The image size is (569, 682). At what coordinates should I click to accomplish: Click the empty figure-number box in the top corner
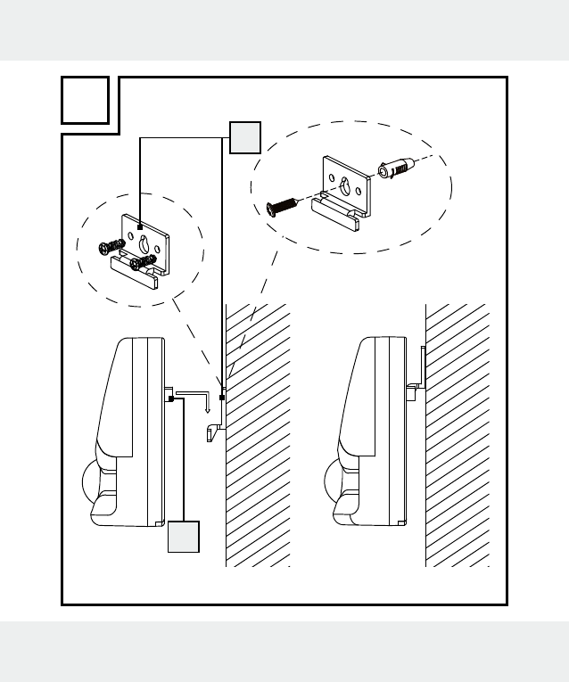coord(87,100)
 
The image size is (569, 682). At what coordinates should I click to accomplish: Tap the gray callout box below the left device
coord(183,538)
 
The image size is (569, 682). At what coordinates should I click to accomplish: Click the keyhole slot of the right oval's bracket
coord(344,185)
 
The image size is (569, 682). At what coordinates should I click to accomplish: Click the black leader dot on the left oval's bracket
coord(140,228)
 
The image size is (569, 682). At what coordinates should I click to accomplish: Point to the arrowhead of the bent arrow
coord(208,411)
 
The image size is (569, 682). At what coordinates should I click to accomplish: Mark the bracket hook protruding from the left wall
coord(211,432)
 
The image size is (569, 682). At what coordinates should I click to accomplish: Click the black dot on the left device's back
coord(169,399)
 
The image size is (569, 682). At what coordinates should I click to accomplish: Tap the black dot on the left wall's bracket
coord(222,398)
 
